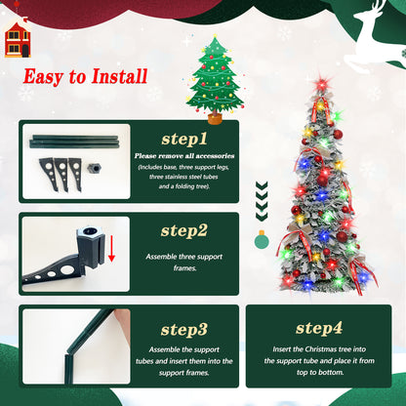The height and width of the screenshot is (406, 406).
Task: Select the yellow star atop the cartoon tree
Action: click(x=214, y=42)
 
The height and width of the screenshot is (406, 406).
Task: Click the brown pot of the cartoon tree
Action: click(x=214, y=119)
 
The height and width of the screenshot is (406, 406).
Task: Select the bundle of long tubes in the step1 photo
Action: click(x=74, y=141)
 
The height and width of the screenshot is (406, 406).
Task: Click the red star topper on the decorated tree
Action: click(x=321, y=85)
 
